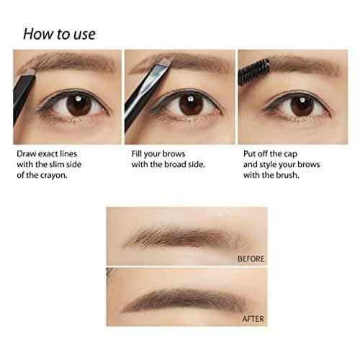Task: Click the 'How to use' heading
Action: click(59, 34)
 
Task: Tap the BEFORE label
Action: click(251, 258)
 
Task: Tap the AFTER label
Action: click(253, 319)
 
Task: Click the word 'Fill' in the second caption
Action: click(136, 153)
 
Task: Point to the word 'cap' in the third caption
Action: click(290, 154)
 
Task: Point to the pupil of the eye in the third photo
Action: click(302, 105)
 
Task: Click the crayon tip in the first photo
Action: click(30, 72)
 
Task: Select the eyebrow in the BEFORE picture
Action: click(184, 238)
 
